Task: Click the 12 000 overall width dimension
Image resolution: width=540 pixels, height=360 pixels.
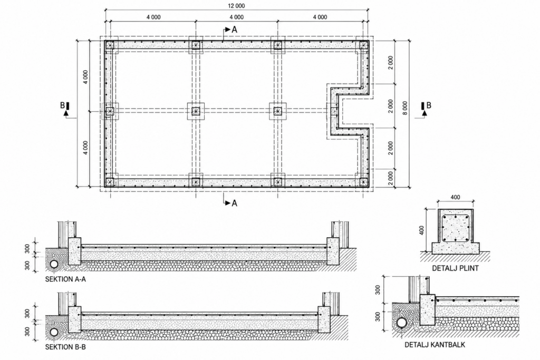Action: pyautogui.click(x=236, y=6)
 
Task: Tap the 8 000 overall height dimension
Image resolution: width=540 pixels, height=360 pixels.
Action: pyautogui.click(x=405, y=108)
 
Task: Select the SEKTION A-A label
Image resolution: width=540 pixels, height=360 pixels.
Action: pyautogui.click(x=65, y=279)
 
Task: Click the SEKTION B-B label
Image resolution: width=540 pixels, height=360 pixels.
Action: pyautogui.click(x=65, y=347)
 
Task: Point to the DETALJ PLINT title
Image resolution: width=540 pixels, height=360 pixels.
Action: pyautogui.click(x=455, y=268)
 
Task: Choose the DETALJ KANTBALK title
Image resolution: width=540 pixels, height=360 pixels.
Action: pyautogui.click(x=435, y=345)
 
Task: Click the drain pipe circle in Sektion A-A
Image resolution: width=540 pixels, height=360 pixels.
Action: pyautogui.click(x=54, y=264)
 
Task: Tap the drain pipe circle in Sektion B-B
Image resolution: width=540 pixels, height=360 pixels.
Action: pyautogui.click(x=54, y=332)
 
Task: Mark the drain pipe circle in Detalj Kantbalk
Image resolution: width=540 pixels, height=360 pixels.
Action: pyautogui.click(x=401, y=323)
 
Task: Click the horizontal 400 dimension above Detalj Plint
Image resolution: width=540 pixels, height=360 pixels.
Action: pyautogui.click(x=455, y=197)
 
